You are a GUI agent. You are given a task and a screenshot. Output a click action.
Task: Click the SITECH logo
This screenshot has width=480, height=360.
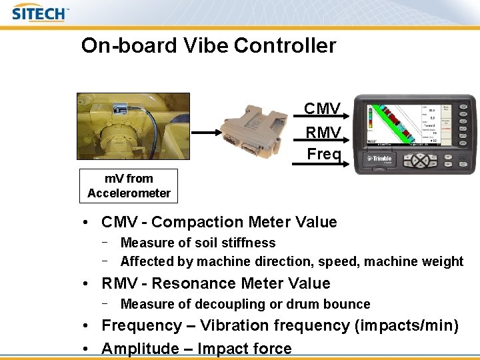pos(40,13)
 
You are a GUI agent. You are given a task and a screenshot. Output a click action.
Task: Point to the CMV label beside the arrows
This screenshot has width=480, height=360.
pos(323,109)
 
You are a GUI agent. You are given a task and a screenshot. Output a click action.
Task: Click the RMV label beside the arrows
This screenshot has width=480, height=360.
pos(323,133)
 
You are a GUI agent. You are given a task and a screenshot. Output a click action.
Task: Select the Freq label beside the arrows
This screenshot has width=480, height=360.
pos(324,155)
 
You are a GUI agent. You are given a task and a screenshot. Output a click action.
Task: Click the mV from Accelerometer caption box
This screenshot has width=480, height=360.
pos(129,186)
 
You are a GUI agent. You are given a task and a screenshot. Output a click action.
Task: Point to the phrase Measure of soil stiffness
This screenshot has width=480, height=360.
pos(198,243)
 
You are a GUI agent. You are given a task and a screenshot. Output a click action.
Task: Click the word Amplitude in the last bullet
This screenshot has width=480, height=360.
pos(141,349)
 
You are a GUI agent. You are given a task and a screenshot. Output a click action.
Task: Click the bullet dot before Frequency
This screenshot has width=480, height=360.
pos(87,326)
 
